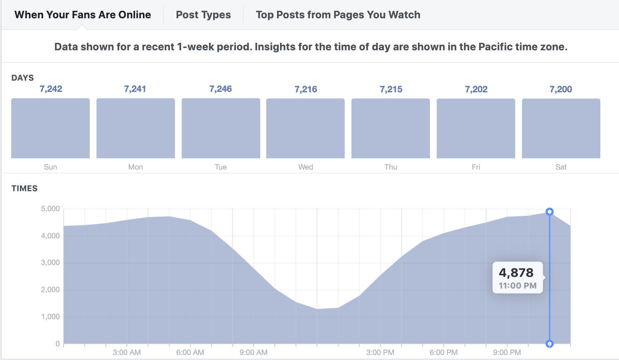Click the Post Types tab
[203, 15]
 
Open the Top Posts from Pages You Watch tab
[338, 15]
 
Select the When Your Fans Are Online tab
[83, 15]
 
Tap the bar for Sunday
[50, 128]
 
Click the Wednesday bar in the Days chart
[305, 128]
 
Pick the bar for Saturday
[561, 128]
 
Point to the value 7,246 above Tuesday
[221, 89]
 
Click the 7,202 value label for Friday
[476, 89]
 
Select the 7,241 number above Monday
[135, 89]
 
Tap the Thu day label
[391, 167]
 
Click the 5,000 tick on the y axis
[50, 209]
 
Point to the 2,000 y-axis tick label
[50, 290]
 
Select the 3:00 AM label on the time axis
[127, 353]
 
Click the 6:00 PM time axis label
[444, 353]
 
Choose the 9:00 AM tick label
[253, 353]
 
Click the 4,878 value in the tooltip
[516, 273]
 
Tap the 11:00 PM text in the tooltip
[518, 286]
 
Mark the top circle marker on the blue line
[550, 212]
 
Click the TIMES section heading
[25, 189]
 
